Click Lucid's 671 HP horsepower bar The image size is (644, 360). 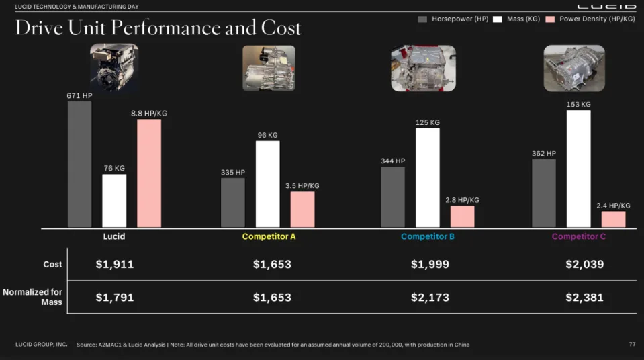79,165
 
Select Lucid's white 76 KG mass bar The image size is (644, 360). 114,201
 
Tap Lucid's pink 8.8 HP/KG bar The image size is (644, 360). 149,173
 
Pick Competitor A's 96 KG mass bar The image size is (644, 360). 267,184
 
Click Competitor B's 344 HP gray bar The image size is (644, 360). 392,197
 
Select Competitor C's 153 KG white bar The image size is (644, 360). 578,169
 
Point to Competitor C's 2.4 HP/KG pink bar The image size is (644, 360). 613,219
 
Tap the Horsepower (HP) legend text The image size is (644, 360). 460,19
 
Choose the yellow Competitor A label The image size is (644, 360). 269,236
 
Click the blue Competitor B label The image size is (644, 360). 428,236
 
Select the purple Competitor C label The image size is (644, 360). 579,236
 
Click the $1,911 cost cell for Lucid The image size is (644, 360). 114,264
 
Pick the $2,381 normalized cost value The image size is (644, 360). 584,297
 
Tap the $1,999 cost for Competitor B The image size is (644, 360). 430,264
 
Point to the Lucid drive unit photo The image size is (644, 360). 114,67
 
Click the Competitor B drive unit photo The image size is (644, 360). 423,68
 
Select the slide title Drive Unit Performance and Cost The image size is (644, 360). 158,28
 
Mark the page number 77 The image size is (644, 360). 631,344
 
